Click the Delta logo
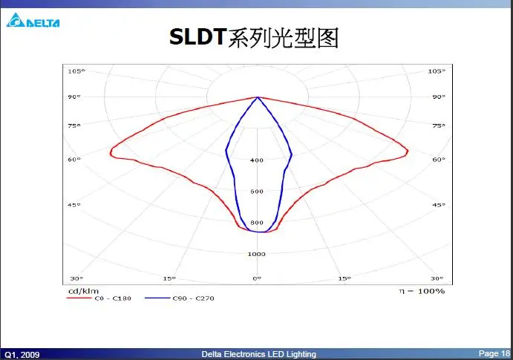(x=33, y=20)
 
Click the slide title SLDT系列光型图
(x=254, y=37)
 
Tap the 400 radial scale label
(x=257, y=160)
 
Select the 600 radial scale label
(x=257, y=192)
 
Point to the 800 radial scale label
(x=257, y=223)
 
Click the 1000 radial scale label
(x=257, y=254)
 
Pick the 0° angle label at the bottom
(x=257, y=278)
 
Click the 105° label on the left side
(x=76, y=71)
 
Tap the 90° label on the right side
(x=439, y=96)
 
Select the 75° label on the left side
(x=74, y=125)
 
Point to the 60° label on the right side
(x=439, y=160)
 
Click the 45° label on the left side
(x=74, y=205)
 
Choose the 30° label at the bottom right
(x=437, y=278)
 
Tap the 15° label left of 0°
(x=169, y=278)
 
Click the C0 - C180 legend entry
(x=99, y=298)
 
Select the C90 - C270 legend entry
(x=179, y=298)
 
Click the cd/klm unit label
(x=83, y=291)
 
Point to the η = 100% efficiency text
(x=422, y=291)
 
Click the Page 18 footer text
(x=494, y=353)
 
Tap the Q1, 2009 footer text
(x=22, y=355)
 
